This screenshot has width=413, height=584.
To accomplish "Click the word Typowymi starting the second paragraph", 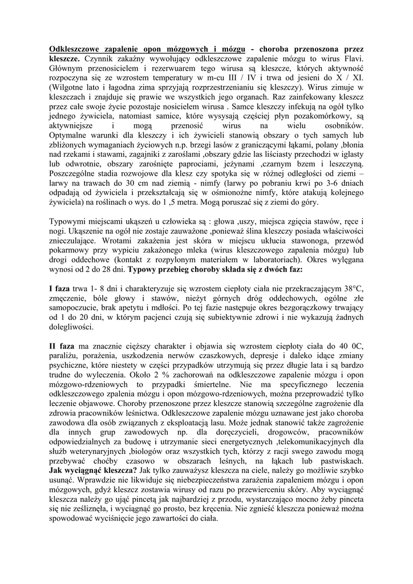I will [68, 221].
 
